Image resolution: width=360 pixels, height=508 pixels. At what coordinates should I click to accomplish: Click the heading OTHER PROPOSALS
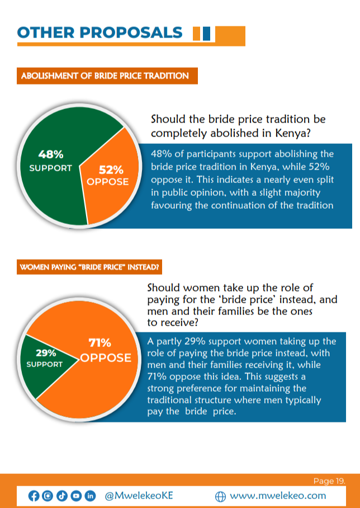pyautogui.click(x=100, y=32)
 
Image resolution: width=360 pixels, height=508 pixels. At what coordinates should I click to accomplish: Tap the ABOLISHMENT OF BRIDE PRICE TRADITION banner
pyautogui.click(x=106, y=76)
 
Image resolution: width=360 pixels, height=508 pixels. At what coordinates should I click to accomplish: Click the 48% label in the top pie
pyautogui.click(x=50, y=154)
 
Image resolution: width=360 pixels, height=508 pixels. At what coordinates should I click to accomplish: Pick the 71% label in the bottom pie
pyautogui.click(x=100, y=342)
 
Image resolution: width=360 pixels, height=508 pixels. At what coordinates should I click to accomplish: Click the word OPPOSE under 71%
pyautogui.click(x=106, y=358)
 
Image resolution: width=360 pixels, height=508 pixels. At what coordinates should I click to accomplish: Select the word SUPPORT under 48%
pyautogui.click(x=51, y=168)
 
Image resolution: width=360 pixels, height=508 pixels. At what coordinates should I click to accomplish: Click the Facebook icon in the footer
pyautogui.click(x=34, y=496)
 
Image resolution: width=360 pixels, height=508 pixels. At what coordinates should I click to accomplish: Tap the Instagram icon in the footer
pyautogui.click(x=48, y=496)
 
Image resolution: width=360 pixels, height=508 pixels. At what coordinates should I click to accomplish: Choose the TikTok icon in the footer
pyautogui.click(x=62, y=496)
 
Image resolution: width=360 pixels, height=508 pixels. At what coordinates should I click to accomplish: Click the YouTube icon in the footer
pyautogui.click(x=76, y=496)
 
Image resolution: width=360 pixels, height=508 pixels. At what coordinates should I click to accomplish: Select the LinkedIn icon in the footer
pyautogui.click(x=90, y=496)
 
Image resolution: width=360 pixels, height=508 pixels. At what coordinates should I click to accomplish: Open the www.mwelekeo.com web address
pyautogui.click(x=277, y=496)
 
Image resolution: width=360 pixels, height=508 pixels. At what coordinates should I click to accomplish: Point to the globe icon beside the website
pyautogui.click(x=220, y=496)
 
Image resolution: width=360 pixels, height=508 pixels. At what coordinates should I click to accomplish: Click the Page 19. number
pyautogui.click(x=329, y=481)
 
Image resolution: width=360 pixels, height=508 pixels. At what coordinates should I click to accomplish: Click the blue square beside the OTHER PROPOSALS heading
pyautogui.click(x=206, y=34)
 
